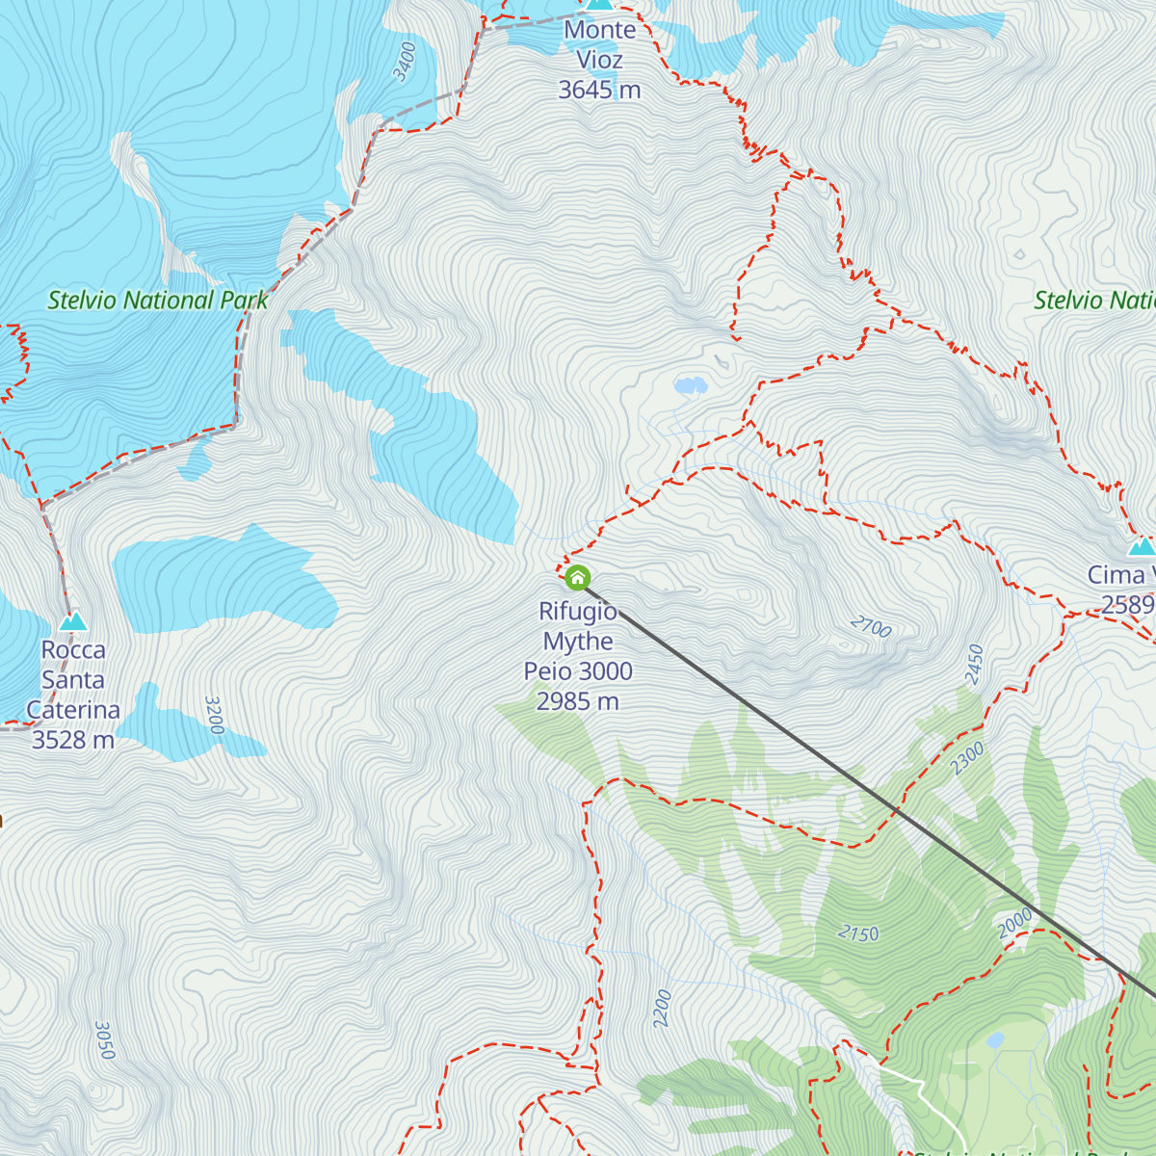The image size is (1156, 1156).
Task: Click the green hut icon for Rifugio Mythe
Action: pos(577,578)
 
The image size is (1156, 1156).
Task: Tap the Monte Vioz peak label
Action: pos(599,44)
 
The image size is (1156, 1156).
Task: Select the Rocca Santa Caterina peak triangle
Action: pos(73,621)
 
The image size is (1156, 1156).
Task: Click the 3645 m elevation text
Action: pos(599,90)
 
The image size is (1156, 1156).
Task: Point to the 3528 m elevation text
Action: pos(73,740)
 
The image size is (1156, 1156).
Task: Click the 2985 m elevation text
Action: pos(577,701)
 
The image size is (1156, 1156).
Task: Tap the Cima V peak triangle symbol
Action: pos(1142,546)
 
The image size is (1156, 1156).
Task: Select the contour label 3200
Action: pos(214,715)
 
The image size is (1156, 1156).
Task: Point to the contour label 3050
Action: pos(105,1040)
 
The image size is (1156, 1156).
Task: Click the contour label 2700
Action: pos(871,627)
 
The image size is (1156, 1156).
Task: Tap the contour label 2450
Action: pos(975,665)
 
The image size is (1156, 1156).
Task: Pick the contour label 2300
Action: pos(967,758)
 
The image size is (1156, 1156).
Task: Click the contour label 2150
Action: pos(857,933)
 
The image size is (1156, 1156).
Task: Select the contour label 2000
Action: pos(1015,923)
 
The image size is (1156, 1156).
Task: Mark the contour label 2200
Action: pos(662,1008)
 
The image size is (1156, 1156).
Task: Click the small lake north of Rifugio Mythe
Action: pos(690,386)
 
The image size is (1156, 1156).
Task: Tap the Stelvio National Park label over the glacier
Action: pos(158,301)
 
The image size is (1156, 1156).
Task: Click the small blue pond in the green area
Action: pos(995,1039)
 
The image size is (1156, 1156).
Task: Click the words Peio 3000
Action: pos(578,671)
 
